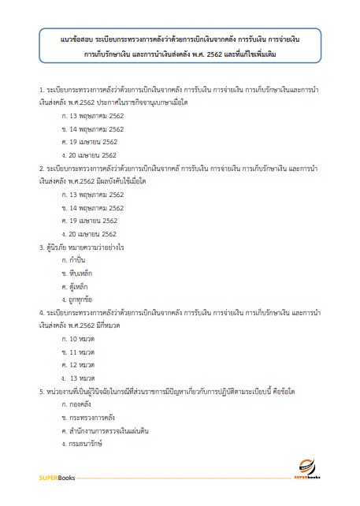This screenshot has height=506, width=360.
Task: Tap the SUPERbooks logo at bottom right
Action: click(x=314, y=478)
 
